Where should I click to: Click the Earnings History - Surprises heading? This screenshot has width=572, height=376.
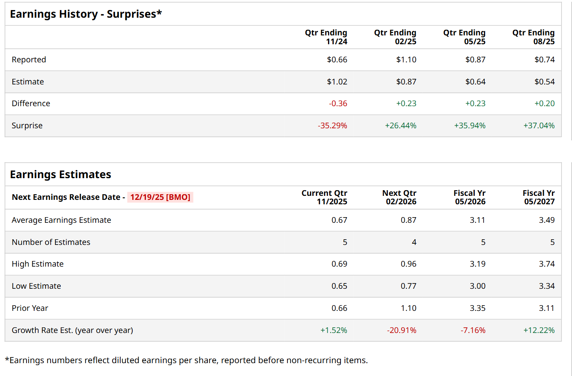86,14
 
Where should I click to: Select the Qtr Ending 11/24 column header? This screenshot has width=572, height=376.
326,37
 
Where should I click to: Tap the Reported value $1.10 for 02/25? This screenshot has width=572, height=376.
406,60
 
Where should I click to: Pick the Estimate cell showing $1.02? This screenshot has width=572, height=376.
337,82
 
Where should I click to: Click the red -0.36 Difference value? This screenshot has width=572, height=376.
338,103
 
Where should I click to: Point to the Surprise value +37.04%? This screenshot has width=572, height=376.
539,125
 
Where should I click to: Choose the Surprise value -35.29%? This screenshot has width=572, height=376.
332,125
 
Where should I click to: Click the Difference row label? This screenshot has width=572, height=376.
31,103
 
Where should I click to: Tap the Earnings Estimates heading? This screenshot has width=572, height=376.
61,175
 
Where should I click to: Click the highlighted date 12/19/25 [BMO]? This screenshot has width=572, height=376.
160,197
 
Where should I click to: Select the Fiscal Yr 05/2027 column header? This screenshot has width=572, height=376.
539,197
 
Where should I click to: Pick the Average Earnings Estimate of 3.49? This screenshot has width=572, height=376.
547,220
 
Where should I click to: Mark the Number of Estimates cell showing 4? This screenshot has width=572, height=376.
414,242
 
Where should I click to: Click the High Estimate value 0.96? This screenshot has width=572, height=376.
408,264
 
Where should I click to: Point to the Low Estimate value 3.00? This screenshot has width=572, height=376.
478,286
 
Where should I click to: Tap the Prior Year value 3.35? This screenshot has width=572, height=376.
478,308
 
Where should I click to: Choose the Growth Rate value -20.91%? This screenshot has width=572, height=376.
402,330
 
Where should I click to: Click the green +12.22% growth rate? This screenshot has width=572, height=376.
539,330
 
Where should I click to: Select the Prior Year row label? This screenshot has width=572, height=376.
30,308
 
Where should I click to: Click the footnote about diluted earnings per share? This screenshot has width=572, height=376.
186,360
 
